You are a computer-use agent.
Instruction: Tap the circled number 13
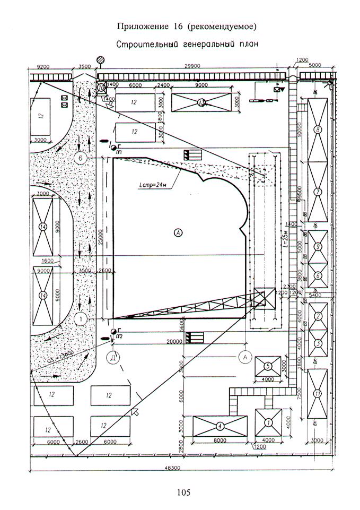(201, 102)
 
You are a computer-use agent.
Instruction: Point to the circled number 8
(318, 129)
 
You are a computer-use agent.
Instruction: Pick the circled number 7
(318, 192)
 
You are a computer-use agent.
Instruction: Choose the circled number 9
(318, 247)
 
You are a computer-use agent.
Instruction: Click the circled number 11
(318, 393)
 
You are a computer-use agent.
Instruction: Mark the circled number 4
(219, 426)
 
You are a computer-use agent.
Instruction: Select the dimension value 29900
(191, 67)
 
